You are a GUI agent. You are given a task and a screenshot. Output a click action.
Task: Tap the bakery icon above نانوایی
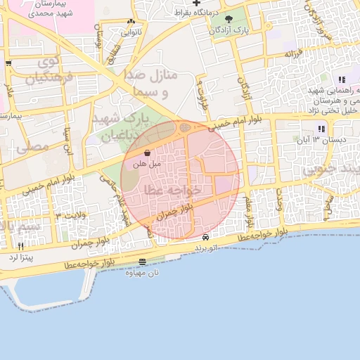[x=131, y=21]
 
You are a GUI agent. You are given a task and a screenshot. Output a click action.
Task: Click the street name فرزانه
[x=292, y=53]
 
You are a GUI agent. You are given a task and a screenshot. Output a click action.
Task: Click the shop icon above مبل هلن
[x=147, y=153]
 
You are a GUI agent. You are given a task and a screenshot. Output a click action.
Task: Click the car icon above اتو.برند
[x=205, y=238]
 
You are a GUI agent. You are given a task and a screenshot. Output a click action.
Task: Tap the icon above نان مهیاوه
[x=143, y=262]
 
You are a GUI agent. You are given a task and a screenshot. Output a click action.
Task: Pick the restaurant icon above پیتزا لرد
[x=20, y=246]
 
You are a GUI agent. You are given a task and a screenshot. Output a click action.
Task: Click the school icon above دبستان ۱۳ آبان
[x=321, y=129]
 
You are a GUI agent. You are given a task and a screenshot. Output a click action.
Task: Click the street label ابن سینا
[x=68, y=140]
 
